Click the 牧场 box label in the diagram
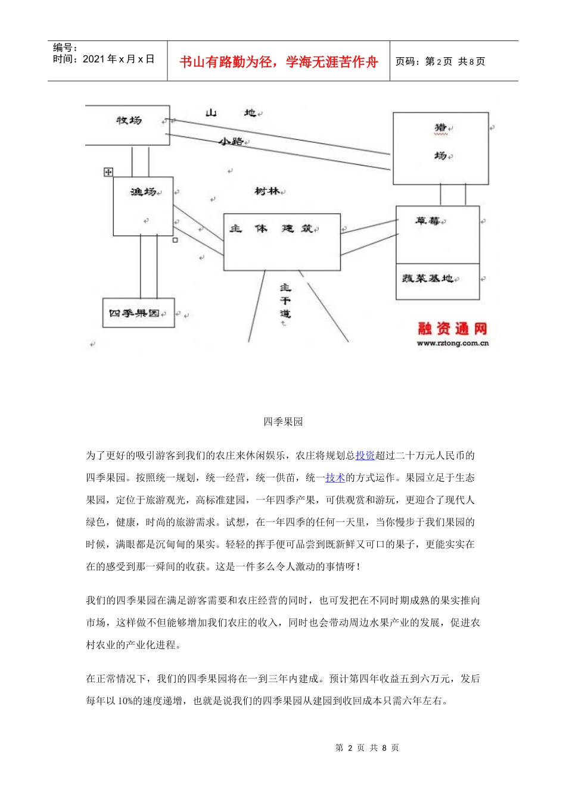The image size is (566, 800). tap(129, 121)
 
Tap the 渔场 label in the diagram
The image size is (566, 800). tap(143, 192)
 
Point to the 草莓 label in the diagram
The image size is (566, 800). tap(428, 221)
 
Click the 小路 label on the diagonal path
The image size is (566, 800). tap(231, 142)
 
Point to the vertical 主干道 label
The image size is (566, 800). tap(285, 301)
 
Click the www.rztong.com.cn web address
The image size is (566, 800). tap(452, 343)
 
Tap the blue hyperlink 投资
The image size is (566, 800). tap(365, 456)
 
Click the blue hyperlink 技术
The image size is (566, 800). tap(335, 478)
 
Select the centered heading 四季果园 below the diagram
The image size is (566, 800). tap(283, 422)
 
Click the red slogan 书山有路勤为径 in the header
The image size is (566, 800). tap(278, 62)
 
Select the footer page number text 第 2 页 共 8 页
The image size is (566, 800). tap(367, 748)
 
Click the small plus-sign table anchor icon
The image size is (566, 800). tap(108, 172)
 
